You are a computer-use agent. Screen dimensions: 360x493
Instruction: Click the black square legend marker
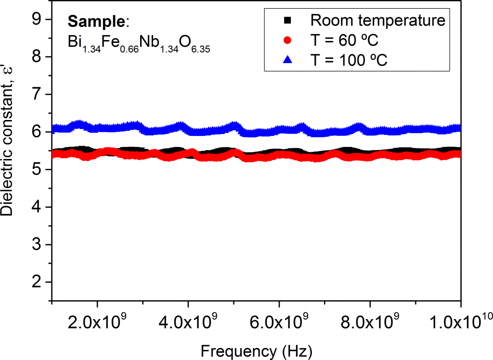[x=287, y=20]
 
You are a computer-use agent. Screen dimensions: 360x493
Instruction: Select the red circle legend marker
[x=287, y=40]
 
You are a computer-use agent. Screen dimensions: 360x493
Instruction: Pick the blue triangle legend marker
[x=287, y=60]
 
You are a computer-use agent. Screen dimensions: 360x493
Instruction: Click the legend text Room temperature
[x=378, y=21]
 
